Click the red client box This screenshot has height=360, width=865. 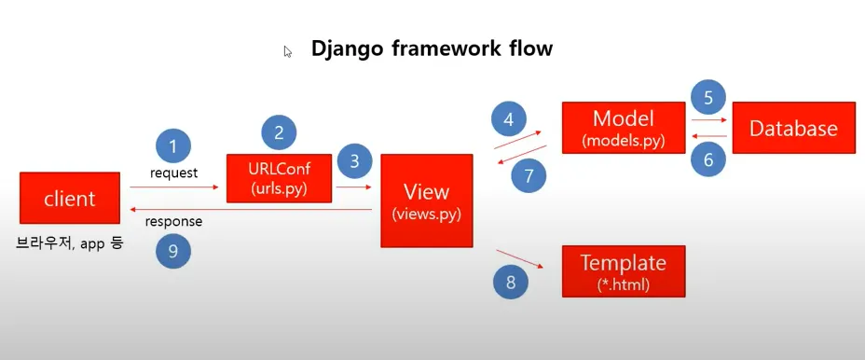(x=70, y=198)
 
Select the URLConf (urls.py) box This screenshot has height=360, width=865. (x=279, y=178)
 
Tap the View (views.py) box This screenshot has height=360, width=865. (x=426, y=201)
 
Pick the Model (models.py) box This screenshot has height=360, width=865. (x=624, y=128)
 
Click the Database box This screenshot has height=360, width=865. (x=794, y=128)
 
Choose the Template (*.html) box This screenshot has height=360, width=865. (x=624, y=271)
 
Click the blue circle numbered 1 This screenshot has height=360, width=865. (x=173, y=146)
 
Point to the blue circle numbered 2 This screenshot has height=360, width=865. (x=279, y=132)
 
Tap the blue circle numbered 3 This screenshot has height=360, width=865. (x=355, y=161)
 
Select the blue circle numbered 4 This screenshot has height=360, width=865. (x=509, y=119)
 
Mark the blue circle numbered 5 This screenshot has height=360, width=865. (x=708, y=98)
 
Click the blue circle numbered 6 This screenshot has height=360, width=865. (x=708, y=159)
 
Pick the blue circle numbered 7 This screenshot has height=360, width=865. (x=529, y=176)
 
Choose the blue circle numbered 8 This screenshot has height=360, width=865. (x=510, y=283)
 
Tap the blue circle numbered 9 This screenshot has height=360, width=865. (x=173, y=251)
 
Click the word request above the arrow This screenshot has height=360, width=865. (x=173, y=173)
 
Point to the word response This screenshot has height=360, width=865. (x=173, y=222)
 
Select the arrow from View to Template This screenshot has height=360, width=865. (x=520, y=258)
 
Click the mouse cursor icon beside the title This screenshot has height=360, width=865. (x=287, y=51)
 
